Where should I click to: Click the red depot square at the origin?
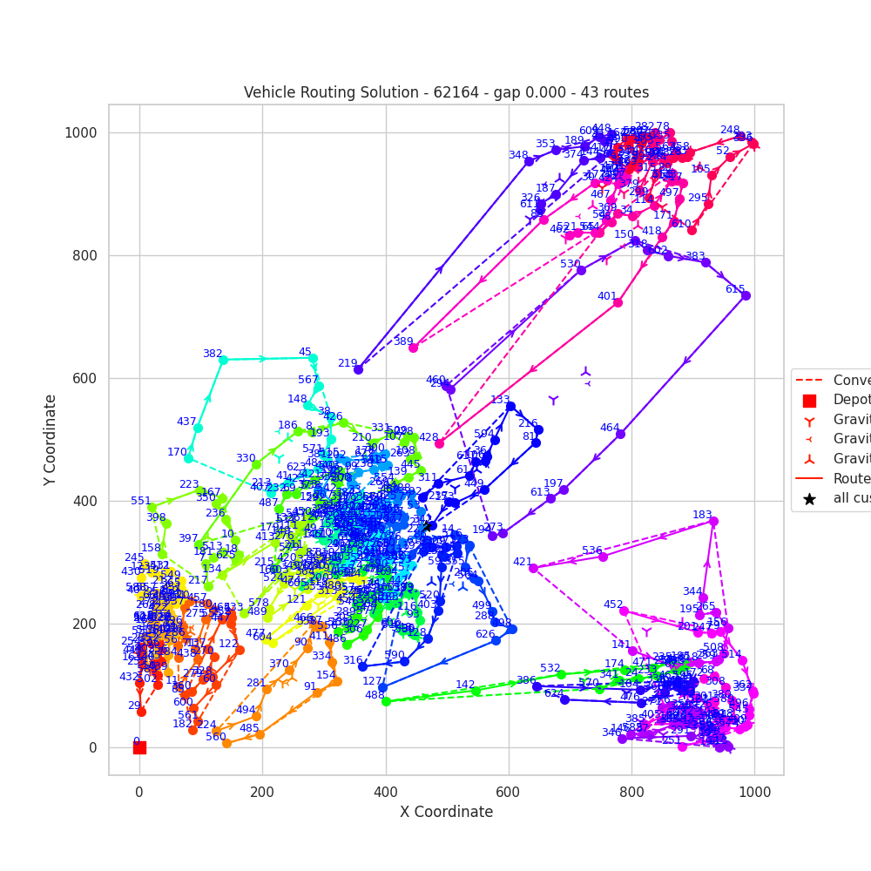coord(139,747)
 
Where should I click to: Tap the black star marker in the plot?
coord(430,525)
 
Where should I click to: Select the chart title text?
coord(446,92)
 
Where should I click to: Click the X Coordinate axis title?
coord(446,812)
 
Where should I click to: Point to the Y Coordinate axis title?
coord(51,440)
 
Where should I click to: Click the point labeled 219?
coord(358,369)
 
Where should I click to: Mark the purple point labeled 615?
coord(746,295)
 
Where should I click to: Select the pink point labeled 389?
coord(413,348)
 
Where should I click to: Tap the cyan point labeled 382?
coord(223,360)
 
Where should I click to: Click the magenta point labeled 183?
coord(713,521)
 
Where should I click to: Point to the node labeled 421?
coord(533,568)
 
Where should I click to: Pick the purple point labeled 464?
coord(620,434)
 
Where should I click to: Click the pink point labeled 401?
coord(618,302)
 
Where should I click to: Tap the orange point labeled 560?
coord(226,743)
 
